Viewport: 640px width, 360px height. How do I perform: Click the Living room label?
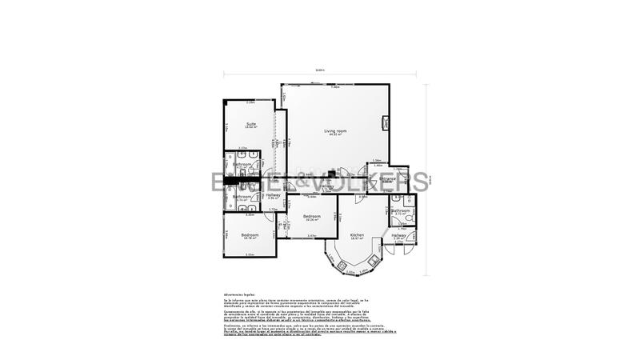[334, 130]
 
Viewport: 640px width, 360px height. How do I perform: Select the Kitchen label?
[357, 234]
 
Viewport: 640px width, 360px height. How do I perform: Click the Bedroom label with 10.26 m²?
[311, 215]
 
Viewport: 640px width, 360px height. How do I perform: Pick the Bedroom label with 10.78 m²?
[249, 234]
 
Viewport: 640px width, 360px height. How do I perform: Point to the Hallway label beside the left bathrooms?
[273, 194]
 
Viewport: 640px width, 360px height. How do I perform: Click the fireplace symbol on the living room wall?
[386, 123]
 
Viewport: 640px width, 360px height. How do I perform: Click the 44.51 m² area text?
[334, 134]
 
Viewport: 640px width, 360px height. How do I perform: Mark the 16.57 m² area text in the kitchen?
[357, 238]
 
